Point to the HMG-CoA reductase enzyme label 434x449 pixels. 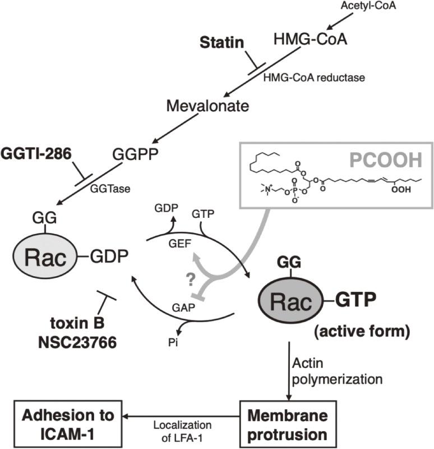pyautogui.click(x=314, y=77)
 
